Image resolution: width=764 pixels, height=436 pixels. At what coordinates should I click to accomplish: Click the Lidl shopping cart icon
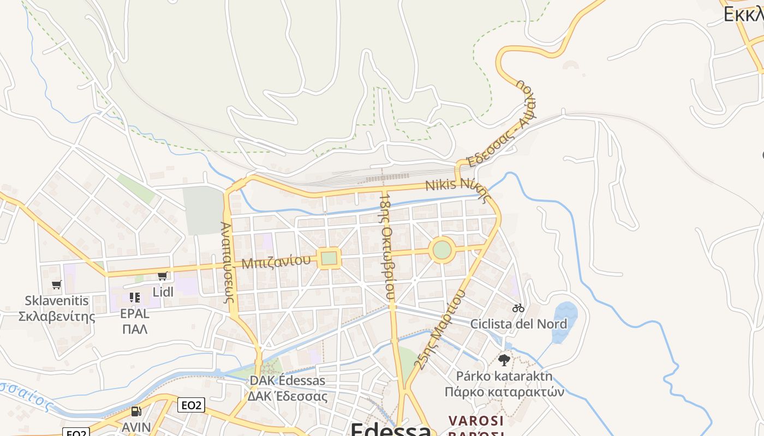(162, 276)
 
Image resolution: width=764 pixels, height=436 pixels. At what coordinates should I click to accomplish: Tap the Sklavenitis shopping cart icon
(56, 284)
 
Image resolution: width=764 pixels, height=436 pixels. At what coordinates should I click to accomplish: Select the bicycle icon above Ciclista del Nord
(518, 308)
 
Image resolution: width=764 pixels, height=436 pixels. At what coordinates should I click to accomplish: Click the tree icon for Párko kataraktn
(504, 360)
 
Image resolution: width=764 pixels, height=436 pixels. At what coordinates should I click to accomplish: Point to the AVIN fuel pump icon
(136, 411)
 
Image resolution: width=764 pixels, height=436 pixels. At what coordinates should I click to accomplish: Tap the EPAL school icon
(135, 298)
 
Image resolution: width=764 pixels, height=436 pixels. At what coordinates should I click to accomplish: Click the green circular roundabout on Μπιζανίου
(442, 250)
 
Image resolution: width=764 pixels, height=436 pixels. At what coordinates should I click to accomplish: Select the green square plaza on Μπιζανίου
(329, 258)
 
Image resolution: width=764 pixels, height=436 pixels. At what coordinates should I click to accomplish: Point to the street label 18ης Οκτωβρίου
(386, 246)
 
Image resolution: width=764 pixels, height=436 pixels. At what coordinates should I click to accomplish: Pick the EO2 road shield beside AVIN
(191, 405)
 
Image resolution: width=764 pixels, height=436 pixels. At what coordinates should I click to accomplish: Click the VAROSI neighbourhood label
(476, 421)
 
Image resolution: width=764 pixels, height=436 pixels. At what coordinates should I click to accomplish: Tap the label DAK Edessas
(287, 380)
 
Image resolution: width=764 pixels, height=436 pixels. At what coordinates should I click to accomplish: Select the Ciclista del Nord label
(518, 324)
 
